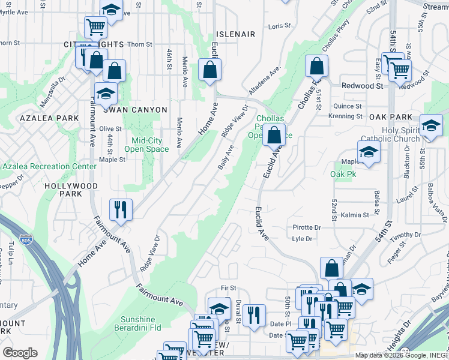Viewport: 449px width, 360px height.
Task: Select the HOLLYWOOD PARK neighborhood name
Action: (x=71, y=190)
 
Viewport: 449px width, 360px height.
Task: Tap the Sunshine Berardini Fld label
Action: (x=147, y=324)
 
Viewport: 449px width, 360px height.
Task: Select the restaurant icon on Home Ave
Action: (x=121, y=209)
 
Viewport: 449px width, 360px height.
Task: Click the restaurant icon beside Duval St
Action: (x=255, y=315)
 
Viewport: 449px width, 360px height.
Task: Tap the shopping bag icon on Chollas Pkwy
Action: (x=316, y=66)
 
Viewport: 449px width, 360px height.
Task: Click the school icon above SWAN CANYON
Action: (x=105, y=94)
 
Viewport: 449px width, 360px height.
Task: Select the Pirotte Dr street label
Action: (x=307, y=228)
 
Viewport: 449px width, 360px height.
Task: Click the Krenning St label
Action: (x=345, y=116)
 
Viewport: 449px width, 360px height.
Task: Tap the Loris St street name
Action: (x=279, y=26)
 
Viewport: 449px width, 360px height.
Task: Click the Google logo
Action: (x=20, y=353)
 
